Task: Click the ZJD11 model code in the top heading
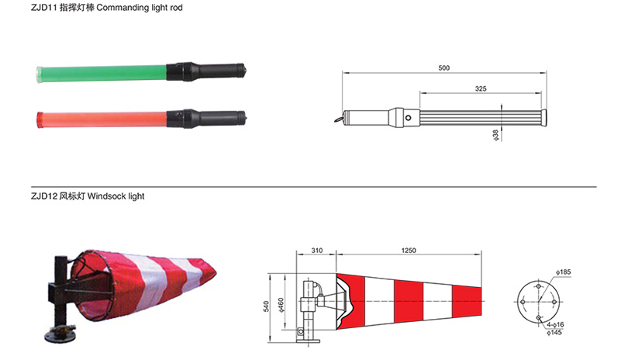pos(43,8)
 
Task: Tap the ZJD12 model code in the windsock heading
pos(44,196)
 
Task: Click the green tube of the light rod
pos(102,74)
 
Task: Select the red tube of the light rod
pos(102,119)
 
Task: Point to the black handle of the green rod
pos(206,71)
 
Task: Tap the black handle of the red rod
pos(206,119)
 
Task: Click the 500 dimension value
pos(443,68)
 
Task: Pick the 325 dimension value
pos(481,88)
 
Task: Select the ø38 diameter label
pos(496,135)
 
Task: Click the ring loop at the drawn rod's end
pos(339,119)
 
